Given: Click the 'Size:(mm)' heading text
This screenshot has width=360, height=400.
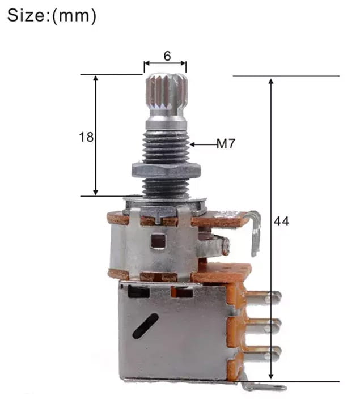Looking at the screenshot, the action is pos(52,15).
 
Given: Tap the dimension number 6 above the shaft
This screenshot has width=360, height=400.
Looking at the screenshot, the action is pos(167,56).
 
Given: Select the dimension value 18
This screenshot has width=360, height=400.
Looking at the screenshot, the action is pos(86,137).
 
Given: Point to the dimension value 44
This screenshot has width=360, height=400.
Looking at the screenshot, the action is pos(281,221).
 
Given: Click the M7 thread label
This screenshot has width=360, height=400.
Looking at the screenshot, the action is pos(226,143).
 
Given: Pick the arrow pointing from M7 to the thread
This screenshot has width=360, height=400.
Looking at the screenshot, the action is pos(203,144).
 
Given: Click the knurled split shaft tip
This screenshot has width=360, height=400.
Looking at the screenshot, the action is pos(167,92).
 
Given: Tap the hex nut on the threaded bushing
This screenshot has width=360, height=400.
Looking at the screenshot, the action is pos(166,171).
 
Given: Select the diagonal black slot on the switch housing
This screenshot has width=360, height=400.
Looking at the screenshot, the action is pos(145,326).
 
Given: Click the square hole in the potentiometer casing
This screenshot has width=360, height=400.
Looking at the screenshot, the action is pos(158,241).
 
